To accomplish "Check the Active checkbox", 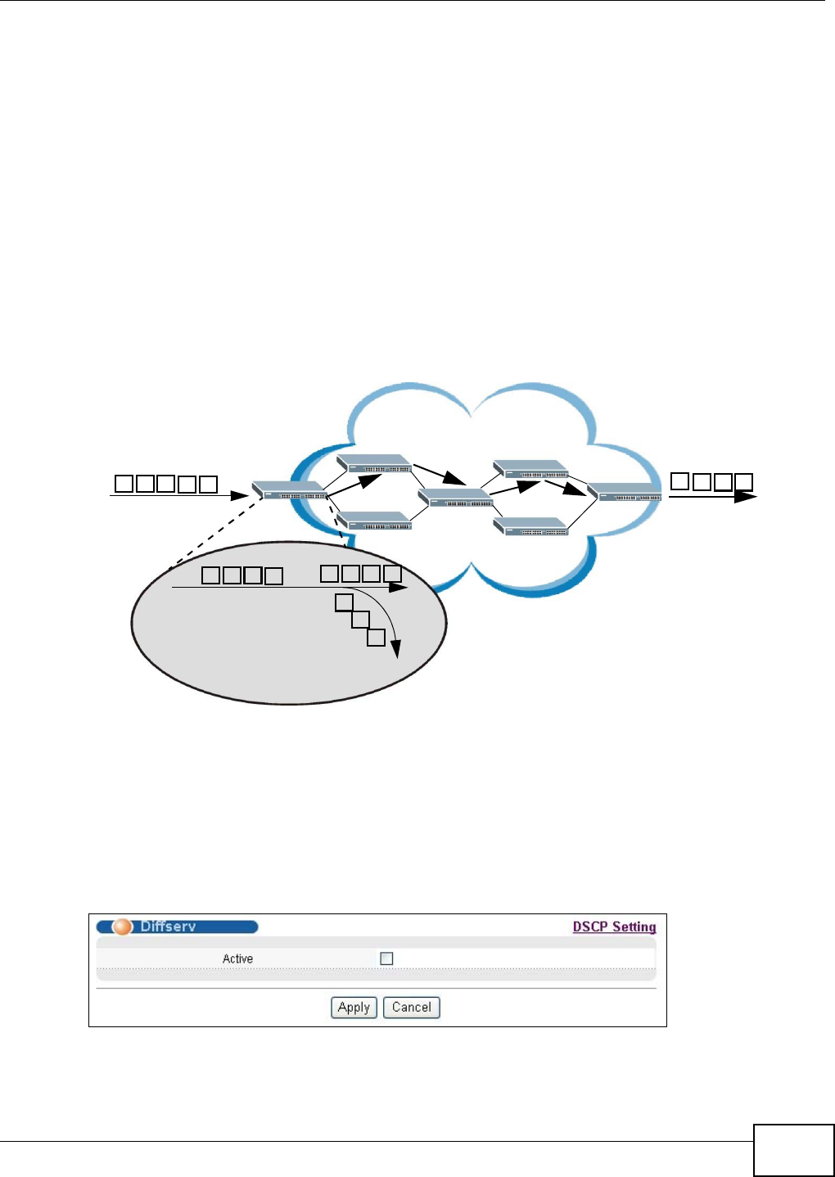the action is [x=386, y=958].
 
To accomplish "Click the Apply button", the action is [x=354, y=1008].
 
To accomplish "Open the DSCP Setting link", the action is [x=614, y=927].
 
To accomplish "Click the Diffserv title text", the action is [x=168, y=927].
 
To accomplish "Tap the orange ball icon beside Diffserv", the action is [x=122, y=927].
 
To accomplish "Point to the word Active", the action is [x=237, y=958].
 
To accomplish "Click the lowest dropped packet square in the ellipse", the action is [x=376, y=638].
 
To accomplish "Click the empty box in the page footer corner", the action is [x=793, y=1150].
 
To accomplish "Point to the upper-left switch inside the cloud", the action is [x=373, y=464].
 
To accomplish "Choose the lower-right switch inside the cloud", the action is [x=530, y=527].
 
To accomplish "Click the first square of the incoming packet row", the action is [x=124, y=484].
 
